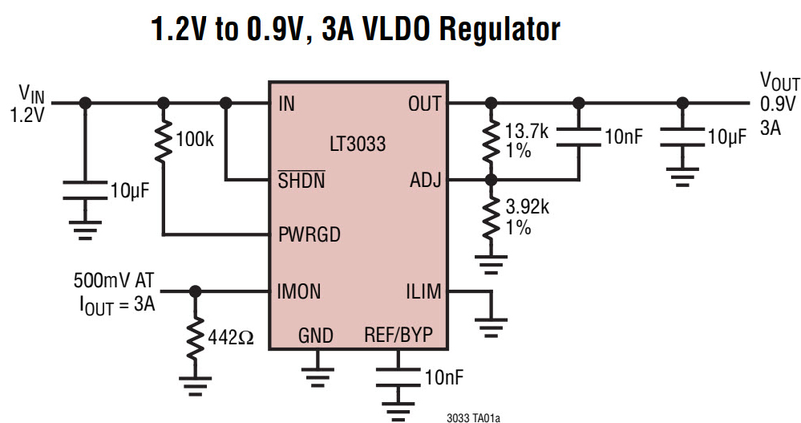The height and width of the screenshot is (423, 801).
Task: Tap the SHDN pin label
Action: (x=301, y=181)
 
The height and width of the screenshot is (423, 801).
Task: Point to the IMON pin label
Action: (x=299, y=291)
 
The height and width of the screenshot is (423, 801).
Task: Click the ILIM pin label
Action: (x=423, y=291)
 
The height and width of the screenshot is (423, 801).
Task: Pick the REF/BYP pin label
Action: (x=398, y=335)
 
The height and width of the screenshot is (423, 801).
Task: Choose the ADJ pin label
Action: (x=425, y=181)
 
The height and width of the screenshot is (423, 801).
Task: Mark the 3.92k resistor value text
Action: (x=527, y=209)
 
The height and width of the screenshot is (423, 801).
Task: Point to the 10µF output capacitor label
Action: (x=726, y=136)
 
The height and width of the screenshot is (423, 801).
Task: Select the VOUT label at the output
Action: (x=779, y=82)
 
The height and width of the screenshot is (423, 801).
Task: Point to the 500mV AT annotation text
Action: (x=112, y=282)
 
